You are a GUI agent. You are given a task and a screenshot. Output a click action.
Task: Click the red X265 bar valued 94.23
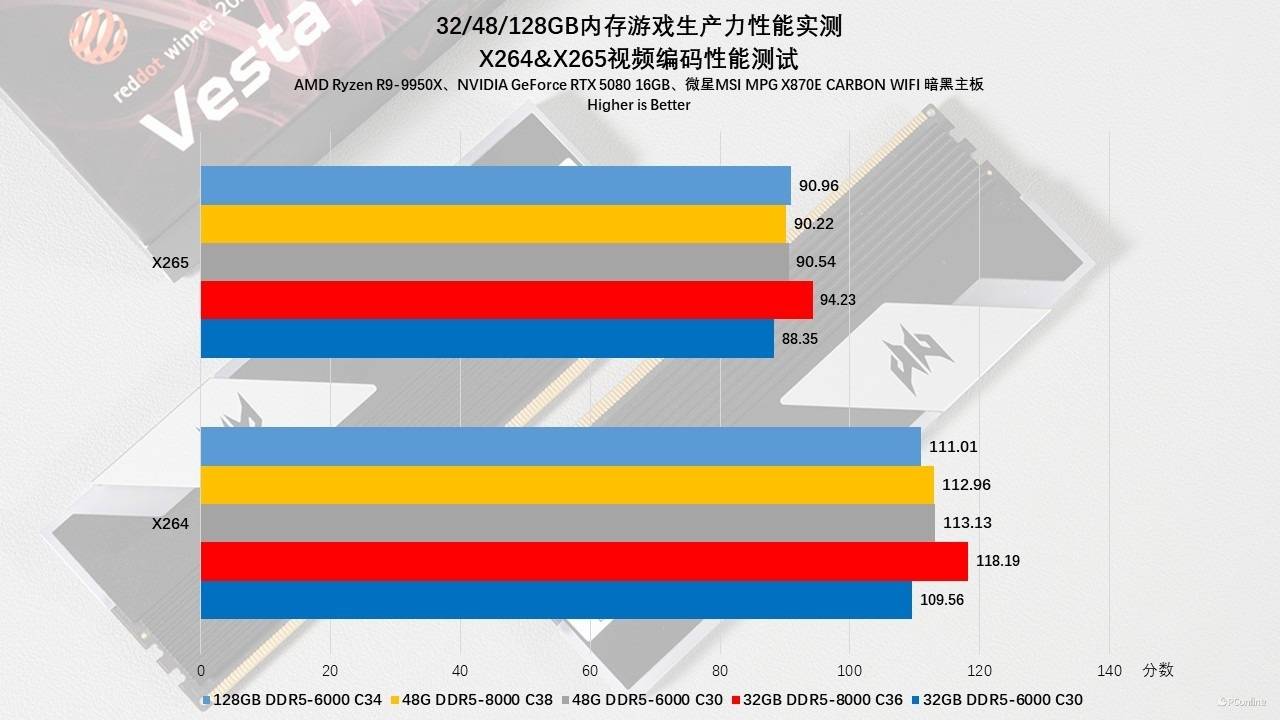point(506,300)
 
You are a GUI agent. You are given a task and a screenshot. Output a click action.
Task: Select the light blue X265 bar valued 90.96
point(495,185)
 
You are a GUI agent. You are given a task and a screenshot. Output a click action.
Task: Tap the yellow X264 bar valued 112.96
point(567,485)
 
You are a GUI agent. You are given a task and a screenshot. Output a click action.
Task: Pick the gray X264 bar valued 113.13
point(567,523)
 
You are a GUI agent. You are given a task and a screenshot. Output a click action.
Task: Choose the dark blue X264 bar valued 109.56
point(556,600)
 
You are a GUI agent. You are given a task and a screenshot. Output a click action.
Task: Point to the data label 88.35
point(800,339)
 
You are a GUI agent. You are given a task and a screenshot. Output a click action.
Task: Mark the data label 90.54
point(815,262)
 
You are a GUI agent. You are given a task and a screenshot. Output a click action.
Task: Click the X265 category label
point(170,262)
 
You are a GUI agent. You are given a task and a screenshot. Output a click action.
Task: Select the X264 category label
point(170,523)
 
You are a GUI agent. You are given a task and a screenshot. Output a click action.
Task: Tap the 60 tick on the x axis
point(590,670)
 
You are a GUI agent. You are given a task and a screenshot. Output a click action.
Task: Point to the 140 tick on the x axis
point(1109,670)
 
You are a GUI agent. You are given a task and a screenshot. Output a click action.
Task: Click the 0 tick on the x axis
point(201,670)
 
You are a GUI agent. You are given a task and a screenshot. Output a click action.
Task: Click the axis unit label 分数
point(1158,669)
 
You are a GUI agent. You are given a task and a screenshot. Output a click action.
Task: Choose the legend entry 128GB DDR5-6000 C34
point(292,700)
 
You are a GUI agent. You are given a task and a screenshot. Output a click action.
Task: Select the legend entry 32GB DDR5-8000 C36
point(818,700)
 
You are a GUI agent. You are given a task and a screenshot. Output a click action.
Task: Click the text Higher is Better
point(639,104)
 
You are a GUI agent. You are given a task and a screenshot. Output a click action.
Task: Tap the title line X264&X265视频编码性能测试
point(639,56)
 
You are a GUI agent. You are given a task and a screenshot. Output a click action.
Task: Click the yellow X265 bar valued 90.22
point(493,224)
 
